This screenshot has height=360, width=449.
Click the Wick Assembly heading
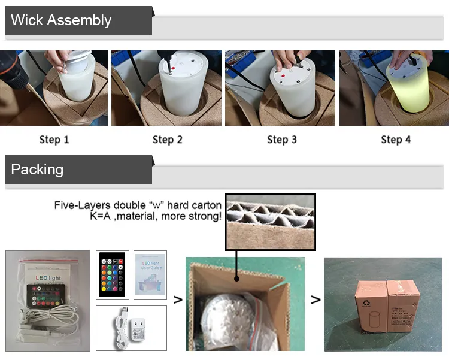pyautogui.click(x=61, y=20)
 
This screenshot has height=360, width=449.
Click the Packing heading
pyautogui.click(x=37, y=170)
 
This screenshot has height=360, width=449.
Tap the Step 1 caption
pyautogui.click(x=54, y=140)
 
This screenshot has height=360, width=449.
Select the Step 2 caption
pyautogui.click(x=167, y=140)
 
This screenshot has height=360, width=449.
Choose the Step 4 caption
pyautogui.click(x=396, y=140)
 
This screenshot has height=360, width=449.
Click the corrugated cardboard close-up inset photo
pyautogui.click(x=270, y=222)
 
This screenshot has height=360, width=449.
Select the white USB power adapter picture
pyautogui.click(x=131, y=328)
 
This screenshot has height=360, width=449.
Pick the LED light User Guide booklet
pyautogui.click(x=150, y=275)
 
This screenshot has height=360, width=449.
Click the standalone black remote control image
pyautogui.click(x=112, y=275)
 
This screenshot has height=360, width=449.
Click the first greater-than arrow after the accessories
pyautogui.click(x=177, y=300)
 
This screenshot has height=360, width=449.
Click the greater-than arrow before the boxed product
pyautogui.click(x=315, y=300)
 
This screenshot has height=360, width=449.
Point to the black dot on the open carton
pyautogui.click(x=237, y=278)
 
